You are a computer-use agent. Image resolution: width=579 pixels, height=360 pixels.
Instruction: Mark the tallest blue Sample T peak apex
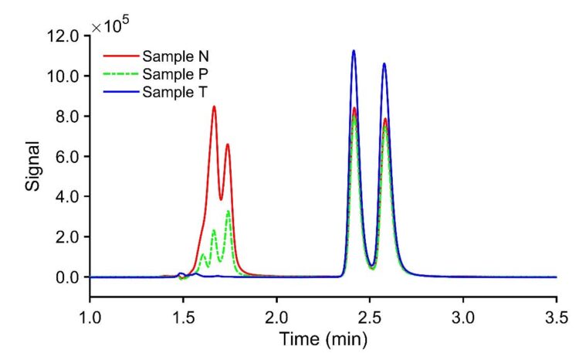(x=354, y=51)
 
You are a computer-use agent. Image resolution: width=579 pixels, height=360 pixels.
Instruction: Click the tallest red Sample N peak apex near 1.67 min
(x=214, y=107)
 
